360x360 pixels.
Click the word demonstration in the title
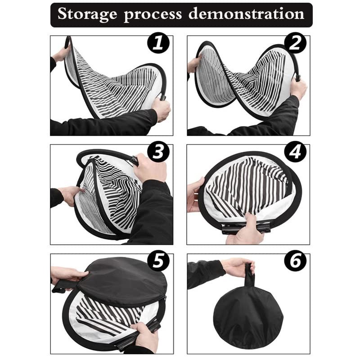click(247, 14)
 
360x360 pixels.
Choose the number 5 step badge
click(158, 261)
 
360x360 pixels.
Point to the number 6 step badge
click(295, 261)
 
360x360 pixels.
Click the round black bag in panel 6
click(248, 315)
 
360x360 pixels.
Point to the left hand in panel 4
click(195, 193)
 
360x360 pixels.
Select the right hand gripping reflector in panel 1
click(161, 108)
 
